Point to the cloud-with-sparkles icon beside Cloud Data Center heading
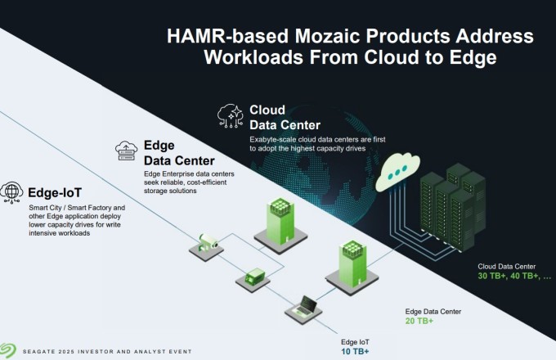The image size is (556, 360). tap(231, 117)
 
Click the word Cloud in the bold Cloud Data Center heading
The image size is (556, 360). tap(267, 110)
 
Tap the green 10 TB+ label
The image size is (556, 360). tap(355, 351)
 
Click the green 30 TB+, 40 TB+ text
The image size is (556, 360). tap(508, 277)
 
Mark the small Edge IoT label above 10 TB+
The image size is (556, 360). tap(356, 341)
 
